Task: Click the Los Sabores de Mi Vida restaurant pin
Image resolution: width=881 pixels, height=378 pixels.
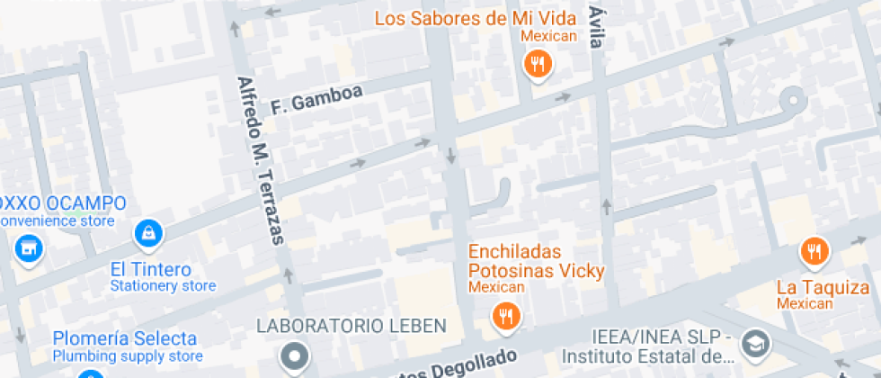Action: [538, 63]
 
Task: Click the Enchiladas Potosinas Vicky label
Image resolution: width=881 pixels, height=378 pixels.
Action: [536, 261]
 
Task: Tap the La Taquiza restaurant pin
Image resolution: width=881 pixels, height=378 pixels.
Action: [814, 251]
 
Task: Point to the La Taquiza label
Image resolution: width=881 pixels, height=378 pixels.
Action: [823, 287]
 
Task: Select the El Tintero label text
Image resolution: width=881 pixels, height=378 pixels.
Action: [151, 269]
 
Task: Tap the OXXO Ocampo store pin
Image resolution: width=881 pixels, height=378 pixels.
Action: [29, 247]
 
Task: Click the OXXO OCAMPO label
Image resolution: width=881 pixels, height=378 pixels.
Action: [63, 203]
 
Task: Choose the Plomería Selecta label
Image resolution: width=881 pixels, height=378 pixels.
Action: [124, 338]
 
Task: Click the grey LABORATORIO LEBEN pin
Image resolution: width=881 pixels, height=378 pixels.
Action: [294, 356]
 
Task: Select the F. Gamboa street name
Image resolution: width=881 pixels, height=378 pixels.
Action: [316, 99]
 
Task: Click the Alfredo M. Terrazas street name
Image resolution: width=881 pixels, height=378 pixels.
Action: [260, 160]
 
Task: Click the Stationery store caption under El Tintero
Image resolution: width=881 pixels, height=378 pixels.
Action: [163, 286]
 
